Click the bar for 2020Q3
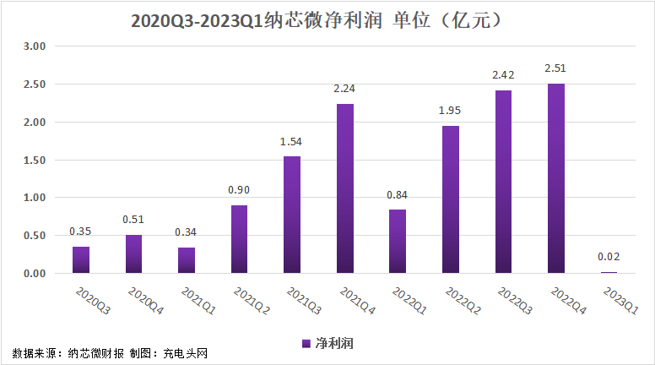coord(81,259)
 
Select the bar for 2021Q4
coord(344,188)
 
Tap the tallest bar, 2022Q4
coord(555,178)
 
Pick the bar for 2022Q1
coord(398,241)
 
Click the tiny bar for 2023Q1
coord(609,272)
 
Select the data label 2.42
coord(503,75)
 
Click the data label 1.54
coord(292,141)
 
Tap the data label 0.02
coord(609,258)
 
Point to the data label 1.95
coord(450,111)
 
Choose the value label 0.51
coord(133,220)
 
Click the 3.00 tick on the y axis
coord(34,46)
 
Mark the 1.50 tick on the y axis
coord(34,160)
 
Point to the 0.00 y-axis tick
coord(34,274)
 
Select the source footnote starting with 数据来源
coord(110,352)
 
